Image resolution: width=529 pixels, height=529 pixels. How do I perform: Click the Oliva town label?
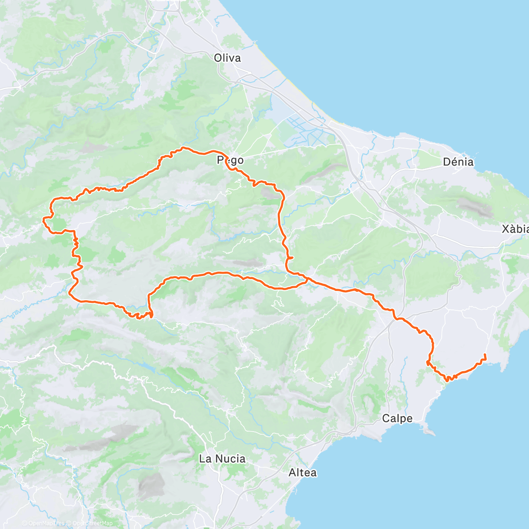pyautogui.click(x=227, y=58)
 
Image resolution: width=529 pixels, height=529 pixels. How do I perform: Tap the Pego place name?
pyautogui.click(x=230, y=160)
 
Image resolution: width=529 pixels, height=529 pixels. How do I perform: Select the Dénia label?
pyautogui.click(x=458, y=162)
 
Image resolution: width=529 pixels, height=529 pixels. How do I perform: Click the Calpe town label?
pyautogui.click(x=397, y=418)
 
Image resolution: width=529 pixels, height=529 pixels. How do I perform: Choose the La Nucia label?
pyautogui.click(x=222, y=459)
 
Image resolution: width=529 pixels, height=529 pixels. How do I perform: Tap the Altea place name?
pyautogui.click(x=302, y=473)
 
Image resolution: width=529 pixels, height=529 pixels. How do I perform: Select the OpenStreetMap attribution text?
pyautogui.click(x=92, y=523)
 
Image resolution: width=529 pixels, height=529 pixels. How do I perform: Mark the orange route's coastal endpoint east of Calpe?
pyautogui.click(x=485, y=355)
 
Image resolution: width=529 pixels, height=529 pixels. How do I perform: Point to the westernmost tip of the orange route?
pyautogui.click(x=43, y=218)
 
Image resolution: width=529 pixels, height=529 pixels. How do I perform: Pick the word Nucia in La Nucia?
pyautogui.click(x=230, y=459)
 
